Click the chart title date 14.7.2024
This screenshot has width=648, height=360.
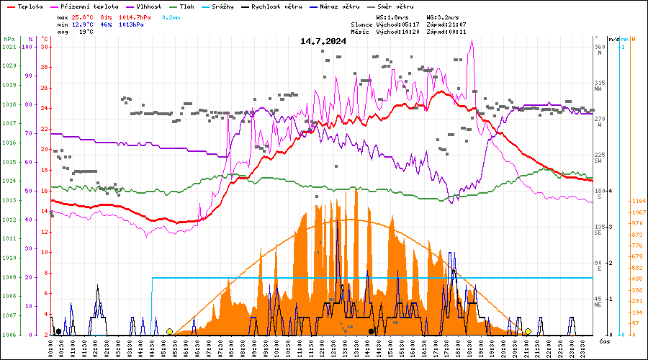click(323, 41)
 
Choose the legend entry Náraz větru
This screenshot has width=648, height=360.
click(339, 6)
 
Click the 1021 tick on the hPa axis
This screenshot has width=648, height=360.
click(9, 47)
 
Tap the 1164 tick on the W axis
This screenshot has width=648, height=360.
click(637, 201)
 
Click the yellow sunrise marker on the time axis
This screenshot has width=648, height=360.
click(169, 331)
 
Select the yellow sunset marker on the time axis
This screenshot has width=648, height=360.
click(528, 331)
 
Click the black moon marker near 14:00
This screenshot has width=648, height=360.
click(371, 331)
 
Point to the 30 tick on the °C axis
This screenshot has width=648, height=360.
click(45, 47)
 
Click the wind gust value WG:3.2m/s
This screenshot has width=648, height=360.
click(444, 17)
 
